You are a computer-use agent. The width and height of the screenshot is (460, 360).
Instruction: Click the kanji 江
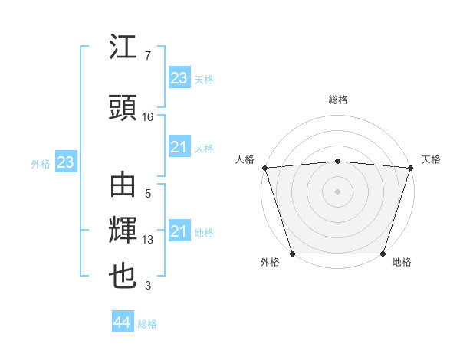tap(123, 49)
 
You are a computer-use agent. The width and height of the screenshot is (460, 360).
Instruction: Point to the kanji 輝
tap(123, 231)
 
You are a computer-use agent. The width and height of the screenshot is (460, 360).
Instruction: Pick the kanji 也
tap(123, 277)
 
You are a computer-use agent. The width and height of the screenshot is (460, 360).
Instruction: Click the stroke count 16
tap(148, 117)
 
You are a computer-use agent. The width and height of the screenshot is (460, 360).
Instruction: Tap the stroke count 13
tap(148, 240)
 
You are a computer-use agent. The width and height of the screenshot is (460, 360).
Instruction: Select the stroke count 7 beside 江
tap(147, 56)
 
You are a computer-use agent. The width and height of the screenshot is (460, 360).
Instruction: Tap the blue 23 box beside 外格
tap(65, 162)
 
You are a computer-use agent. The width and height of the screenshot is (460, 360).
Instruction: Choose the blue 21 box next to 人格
tap(179, 147)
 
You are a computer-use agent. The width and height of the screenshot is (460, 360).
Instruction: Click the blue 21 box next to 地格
tap(179, 231)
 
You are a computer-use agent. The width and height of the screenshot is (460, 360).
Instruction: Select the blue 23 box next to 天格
tap(179, 78)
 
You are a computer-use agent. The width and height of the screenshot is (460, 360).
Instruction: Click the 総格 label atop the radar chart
tap(337, 100)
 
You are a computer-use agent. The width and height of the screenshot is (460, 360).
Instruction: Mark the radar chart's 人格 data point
tap(264, 168)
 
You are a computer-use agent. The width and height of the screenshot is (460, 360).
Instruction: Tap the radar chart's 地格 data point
tap(383, 254)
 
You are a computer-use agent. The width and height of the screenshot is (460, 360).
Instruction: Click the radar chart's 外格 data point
tap(292, 254)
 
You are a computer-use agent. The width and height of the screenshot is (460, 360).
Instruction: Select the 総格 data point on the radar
tap(337, 161)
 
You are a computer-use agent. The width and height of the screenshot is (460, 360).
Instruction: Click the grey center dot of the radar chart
tap(337, 191)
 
